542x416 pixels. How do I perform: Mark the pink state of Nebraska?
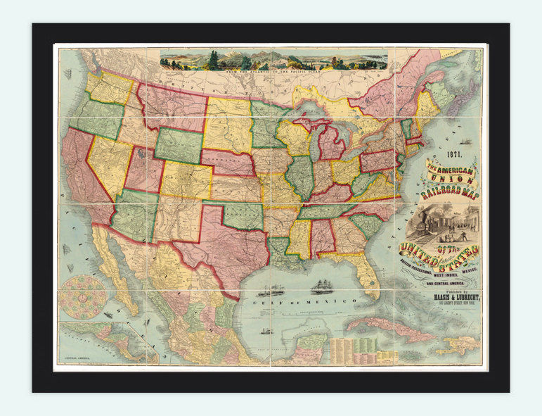tap(229, 163)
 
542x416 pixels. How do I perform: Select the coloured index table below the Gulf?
tap(356, 348)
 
